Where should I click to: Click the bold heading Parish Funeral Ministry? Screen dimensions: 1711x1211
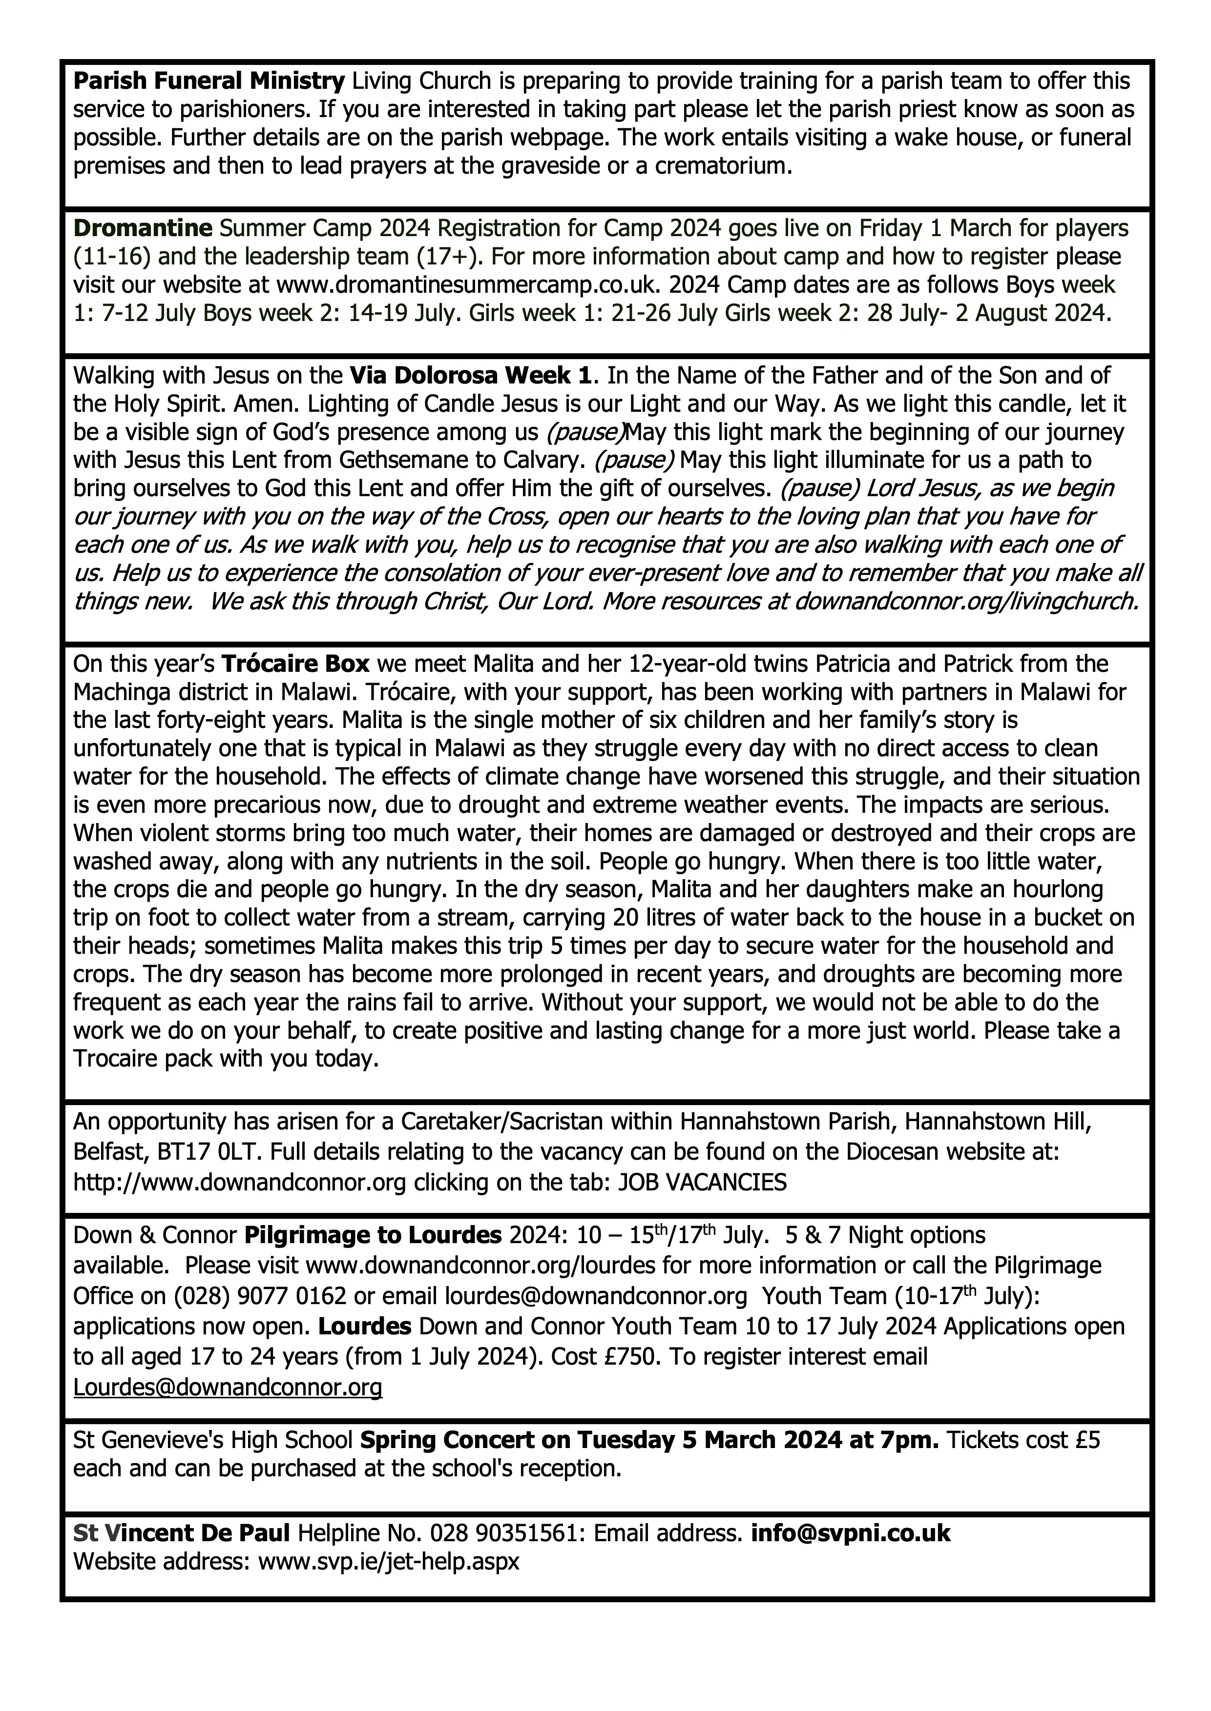click(209, 81)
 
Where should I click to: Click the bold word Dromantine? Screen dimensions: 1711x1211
click(143, 227)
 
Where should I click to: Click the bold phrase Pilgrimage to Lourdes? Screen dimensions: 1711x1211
click(373, 1235)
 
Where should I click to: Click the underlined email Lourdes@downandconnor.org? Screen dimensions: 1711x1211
click(228, 1387)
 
